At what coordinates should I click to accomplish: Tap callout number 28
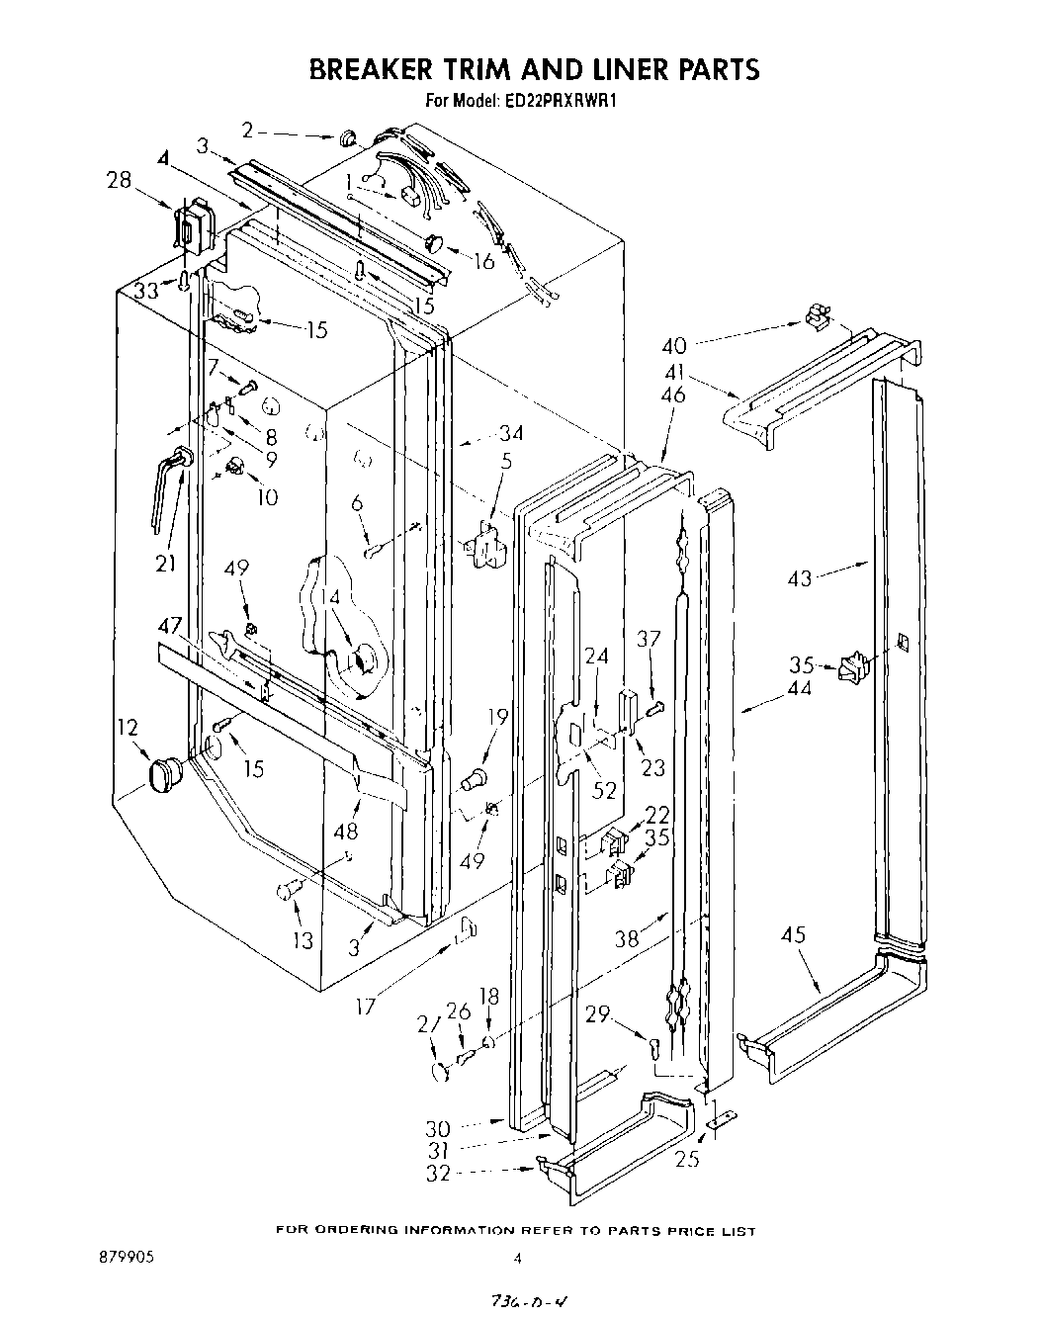120,179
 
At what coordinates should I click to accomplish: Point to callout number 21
165,563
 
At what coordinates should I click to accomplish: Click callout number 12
128,728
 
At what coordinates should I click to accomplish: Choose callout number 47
170,626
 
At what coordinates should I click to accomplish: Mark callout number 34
511,432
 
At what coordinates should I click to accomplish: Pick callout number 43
799,578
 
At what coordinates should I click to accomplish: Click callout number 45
793,934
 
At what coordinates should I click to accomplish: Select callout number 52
603,790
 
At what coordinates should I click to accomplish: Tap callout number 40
673,346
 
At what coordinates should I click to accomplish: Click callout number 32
437,1173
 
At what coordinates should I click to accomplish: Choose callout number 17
366,1009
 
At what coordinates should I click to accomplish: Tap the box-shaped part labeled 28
194,225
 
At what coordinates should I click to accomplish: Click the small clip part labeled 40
816,316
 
